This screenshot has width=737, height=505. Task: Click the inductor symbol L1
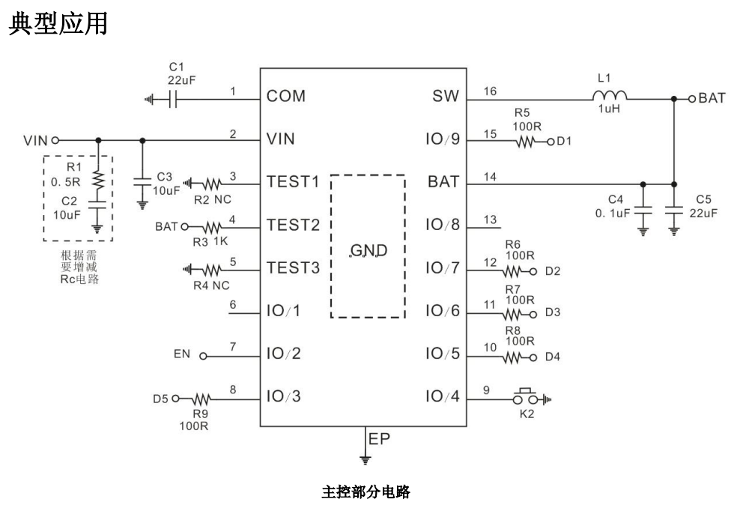pyautogui.click(x=610, y=96)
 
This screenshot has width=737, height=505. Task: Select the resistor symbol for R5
pyautogui.click(x=524, y=140)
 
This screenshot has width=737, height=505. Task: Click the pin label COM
pyautogui.click(x=286, y=97)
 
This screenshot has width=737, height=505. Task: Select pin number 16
pyautogui.click(x=491, y=91)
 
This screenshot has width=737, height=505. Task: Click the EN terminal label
pyautogui.click(x=182, y=352)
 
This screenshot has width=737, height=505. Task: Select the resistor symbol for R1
pyautogui.click(x=97, y=180)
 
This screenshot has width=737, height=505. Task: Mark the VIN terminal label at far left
pyautogui.click(x=35, y=140)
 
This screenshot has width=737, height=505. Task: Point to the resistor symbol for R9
pyautogui.click(x=204, y=398)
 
